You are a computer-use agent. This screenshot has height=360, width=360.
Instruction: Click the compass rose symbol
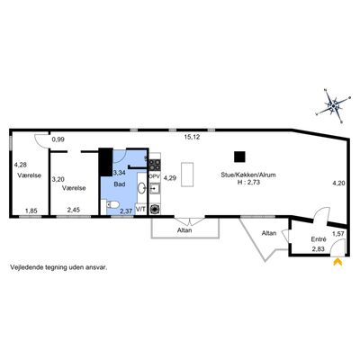pos(333,106)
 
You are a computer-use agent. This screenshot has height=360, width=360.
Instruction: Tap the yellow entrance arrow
pos(337,262)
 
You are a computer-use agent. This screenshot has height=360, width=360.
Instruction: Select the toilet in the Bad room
pos(111,205)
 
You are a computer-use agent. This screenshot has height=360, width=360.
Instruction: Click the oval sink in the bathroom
pos(141,188)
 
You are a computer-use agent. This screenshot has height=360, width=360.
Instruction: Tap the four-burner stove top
pos(155,165)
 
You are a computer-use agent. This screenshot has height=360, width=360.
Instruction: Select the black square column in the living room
pos(239,157)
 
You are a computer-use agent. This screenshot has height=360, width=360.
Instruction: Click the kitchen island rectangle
pos(187,175)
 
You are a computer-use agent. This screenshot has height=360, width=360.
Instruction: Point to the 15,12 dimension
pos(192,138)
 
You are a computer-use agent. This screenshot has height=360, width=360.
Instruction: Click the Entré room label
pos(319,239)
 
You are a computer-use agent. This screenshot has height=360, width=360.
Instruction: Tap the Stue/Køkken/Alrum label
pos(248,175)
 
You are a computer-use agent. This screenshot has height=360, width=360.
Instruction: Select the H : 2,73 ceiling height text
pos(248,182)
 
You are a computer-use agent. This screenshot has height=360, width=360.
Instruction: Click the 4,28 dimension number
pos(20,165)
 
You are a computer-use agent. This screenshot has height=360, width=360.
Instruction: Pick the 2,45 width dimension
pos(74,211)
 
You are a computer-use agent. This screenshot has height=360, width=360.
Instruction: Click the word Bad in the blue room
pos(120,184)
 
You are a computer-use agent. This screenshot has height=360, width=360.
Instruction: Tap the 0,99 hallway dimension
pos(58,139)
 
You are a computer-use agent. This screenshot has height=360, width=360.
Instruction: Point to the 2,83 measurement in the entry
pos(318,249)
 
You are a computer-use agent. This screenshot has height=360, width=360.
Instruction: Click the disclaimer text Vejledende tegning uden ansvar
pos(58,267)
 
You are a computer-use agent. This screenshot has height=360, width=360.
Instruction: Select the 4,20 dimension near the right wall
pos(338,183)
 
